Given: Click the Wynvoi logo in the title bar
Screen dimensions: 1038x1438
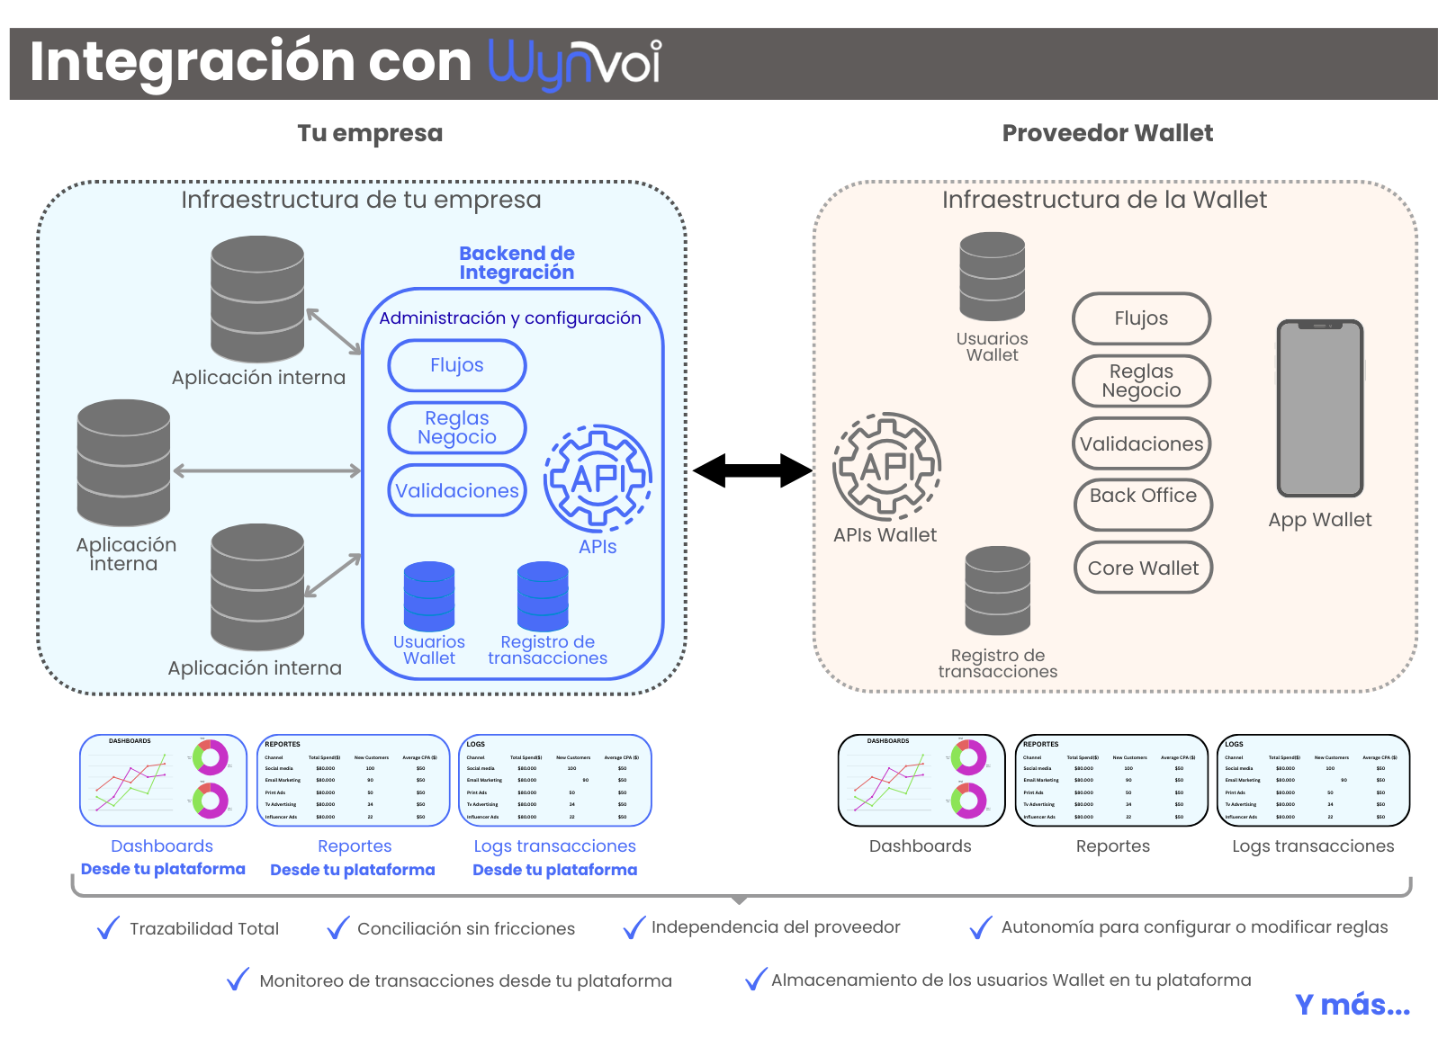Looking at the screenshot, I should pyautogui.click(x=574, y=63).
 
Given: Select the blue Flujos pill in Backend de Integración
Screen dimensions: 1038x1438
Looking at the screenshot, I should pyautogui.click(x=457, y=365).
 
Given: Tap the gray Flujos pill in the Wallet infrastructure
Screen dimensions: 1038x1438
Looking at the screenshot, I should pyautogui.click(x=1141, y=318).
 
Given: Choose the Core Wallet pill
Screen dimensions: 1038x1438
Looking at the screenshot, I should pyautogui.click(x=1143, y=568).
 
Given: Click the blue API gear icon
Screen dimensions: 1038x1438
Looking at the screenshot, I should pyautogui.click(x=598, y=478).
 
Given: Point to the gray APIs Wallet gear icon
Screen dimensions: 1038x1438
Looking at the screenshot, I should pyautogui.click(x=887, y=466).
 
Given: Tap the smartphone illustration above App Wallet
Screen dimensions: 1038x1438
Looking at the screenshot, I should pyautogui.click(x=1320, y=408).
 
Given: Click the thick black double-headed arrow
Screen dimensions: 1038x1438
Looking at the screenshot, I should pyautogui.click(x=752, y=470).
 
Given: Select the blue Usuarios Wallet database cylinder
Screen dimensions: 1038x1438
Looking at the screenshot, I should pyautogui.click(x=429, y=595).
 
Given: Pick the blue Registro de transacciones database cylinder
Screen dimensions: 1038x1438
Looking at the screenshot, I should pyautogui.click(x=543, y=595).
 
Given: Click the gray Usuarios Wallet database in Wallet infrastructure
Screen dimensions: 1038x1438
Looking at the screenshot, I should pyautogui.click(x=992, y=277).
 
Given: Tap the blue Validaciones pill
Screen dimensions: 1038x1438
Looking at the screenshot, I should pyautogui.click(x=457, y=490).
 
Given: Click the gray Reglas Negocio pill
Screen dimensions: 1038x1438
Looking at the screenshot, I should pyautogui.click(x=1141, y=380).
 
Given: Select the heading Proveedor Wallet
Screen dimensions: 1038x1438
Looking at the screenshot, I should pyautogui.click(x=1107, y=133).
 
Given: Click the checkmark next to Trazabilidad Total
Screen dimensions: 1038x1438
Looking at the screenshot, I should pyautogui.click(x=108, y=927).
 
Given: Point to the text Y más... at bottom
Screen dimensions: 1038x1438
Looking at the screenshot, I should pyautogui.click(x=1352, y=1004).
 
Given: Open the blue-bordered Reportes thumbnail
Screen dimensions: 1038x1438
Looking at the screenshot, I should pyautogui.click(x=354, y=781).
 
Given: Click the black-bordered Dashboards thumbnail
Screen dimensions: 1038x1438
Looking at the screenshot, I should pyautogui.click(x=921, y=781).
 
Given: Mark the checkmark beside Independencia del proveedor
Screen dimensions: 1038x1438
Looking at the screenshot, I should pyautogui.click(x=634, y=927).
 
